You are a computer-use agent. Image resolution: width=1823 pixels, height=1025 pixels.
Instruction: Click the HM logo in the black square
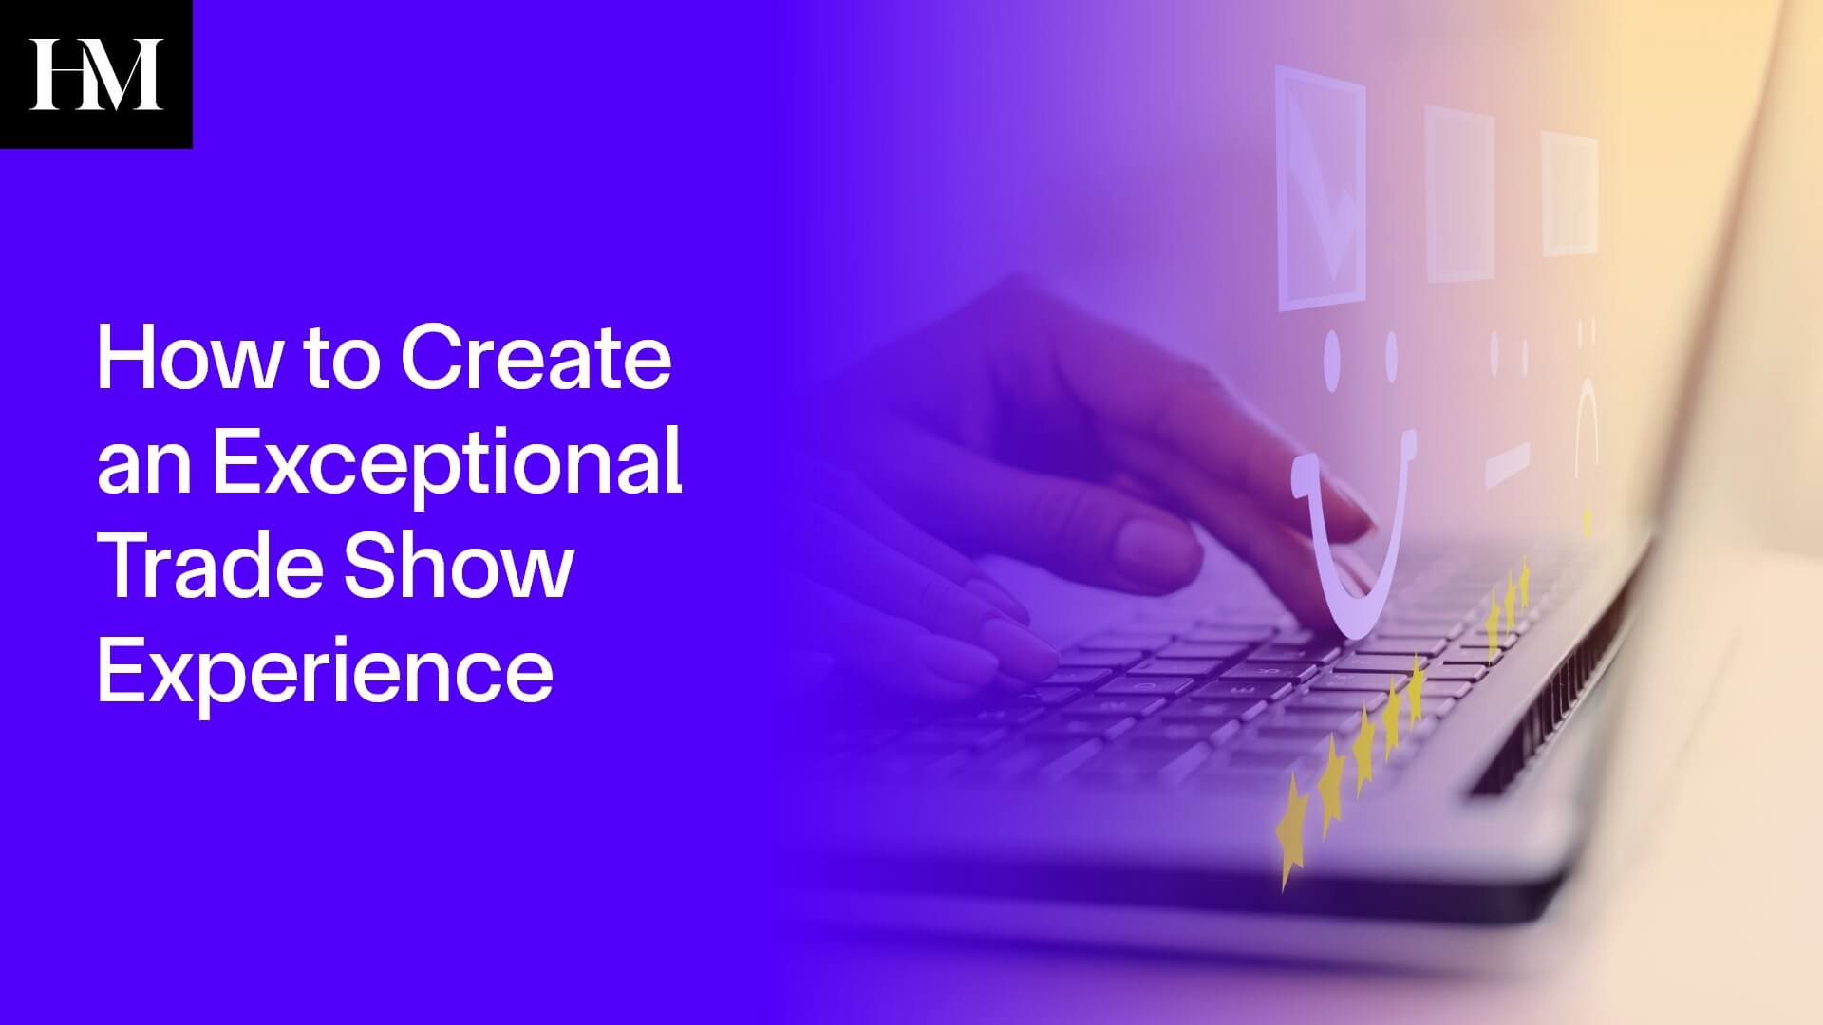(95, 74)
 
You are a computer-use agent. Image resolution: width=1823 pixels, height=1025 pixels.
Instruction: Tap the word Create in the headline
(536, 360)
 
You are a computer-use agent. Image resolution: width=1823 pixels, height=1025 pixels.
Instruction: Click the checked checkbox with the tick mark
(1320, 190)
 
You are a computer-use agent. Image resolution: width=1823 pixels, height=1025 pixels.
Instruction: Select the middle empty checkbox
(1459, 195)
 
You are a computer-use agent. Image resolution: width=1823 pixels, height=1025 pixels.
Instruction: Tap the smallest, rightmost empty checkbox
(1569, 195)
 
